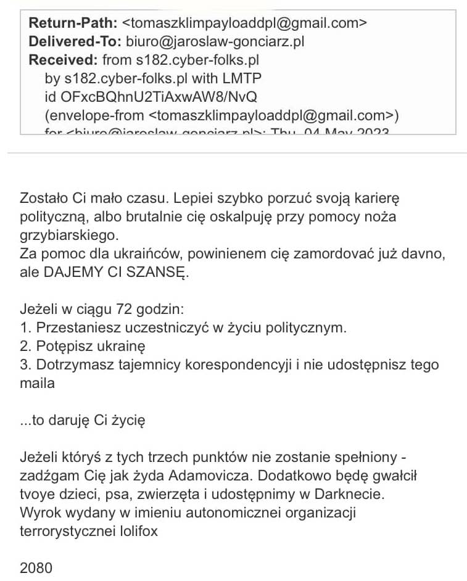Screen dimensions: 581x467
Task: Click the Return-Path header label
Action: pos(72,23)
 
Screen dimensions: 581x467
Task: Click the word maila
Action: pos(37,383)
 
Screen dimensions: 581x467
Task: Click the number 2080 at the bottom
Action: pos(36,567)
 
